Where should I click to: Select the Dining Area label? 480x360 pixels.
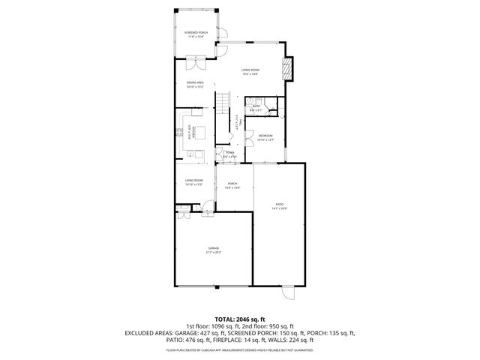point(195,85)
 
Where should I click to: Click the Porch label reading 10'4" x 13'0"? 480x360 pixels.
point(233,184)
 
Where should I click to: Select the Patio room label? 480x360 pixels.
point(279,206)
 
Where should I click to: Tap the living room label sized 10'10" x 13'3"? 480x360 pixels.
point(195,182)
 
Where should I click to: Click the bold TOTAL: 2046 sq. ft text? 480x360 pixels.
point(239,318)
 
